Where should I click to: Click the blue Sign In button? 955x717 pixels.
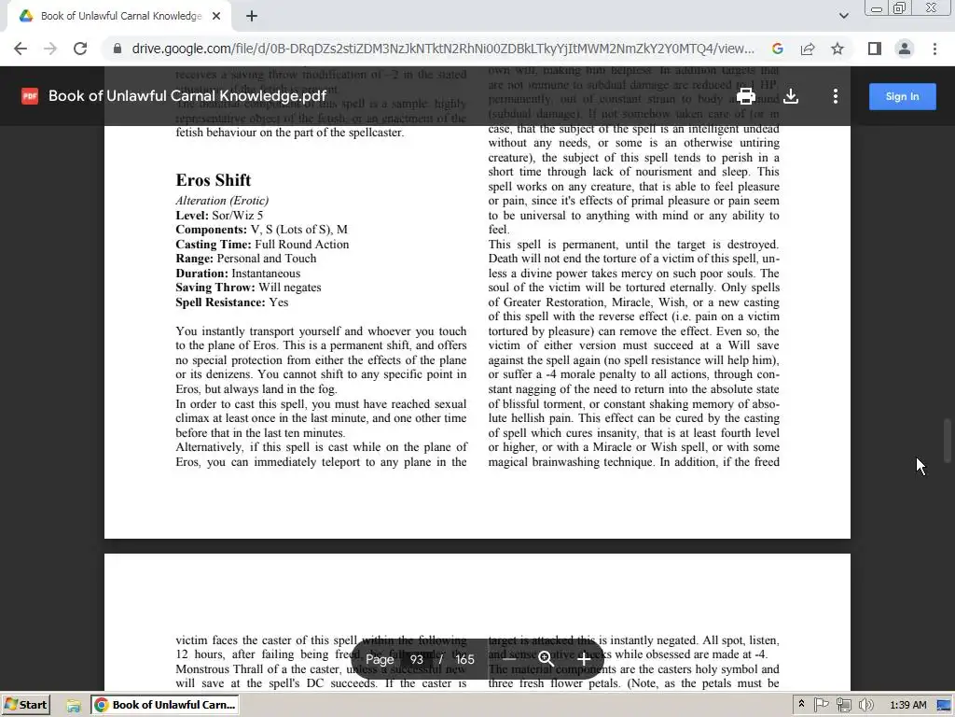tap(902, 96)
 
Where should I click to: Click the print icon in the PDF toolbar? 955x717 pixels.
tap(745, 96)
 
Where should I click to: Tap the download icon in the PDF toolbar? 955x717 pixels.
tap(791, 96)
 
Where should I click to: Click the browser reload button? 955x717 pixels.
tap(80, 49)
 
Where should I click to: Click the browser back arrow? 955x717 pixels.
tap(21, 49)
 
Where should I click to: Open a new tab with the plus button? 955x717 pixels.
tap(252, 16)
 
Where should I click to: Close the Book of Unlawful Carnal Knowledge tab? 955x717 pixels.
tap(216, 16)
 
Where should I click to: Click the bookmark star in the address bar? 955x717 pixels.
tap(837, 49)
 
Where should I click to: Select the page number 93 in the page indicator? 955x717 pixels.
tap(416, 659)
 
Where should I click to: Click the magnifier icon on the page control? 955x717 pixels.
tap(547, 659)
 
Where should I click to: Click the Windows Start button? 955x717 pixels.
tap(26, 705)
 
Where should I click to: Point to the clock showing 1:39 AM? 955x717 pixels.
tap(907, 705)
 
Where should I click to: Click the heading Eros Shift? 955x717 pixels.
tap(214, 180)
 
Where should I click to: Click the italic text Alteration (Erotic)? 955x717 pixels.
tap(222, 201)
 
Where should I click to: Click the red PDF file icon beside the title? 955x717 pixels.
tap(30, 96)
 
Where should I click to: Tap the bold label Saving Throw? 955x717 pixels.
tap(215, 288)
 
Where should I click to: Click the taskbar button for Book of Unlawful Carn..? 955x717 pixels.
tap(165, 705)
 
